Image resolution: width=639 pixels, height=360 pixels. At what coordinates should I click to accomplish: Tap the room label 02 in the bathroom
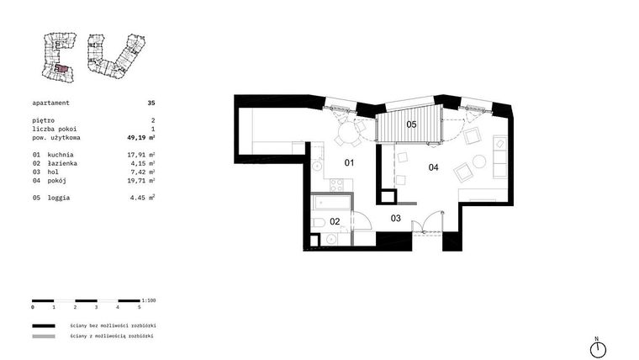[334, 221]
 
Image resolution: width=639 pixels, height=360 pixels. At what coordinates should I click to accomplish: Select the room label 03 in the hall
[395, 218]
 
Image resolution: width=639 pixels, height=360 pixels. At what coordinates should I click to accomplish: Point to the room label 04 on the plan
[433, 167]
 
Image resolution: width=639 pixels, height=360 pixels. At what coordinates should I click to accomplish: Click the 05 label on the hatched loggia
[411, 124]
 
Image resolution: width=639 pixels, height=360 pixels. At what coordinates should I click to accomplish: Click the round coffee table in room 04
[479, 161]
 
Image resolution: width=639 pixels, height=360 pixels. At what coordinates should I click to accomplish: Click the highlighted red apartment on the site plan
[61, 69]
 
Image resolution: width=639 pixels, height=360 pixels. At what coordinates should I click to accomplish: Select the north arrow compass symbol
[597, 348]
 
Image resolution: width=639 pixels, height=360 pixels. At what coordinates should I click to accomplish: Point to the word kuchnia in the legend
[61, 155]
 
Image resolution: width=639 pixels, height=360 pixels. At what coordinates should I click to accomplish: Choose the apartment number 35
[151, 103]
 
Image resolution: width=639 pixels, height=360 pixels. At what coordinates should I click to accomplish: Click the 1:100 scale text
[149, 299]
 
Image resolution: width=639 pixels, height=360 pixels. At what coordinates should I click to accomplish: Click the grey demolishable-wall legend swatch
[44, 336]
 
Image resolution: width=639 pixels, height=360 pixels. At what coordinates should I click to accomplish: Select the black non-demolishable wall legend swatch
[44, 324]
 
